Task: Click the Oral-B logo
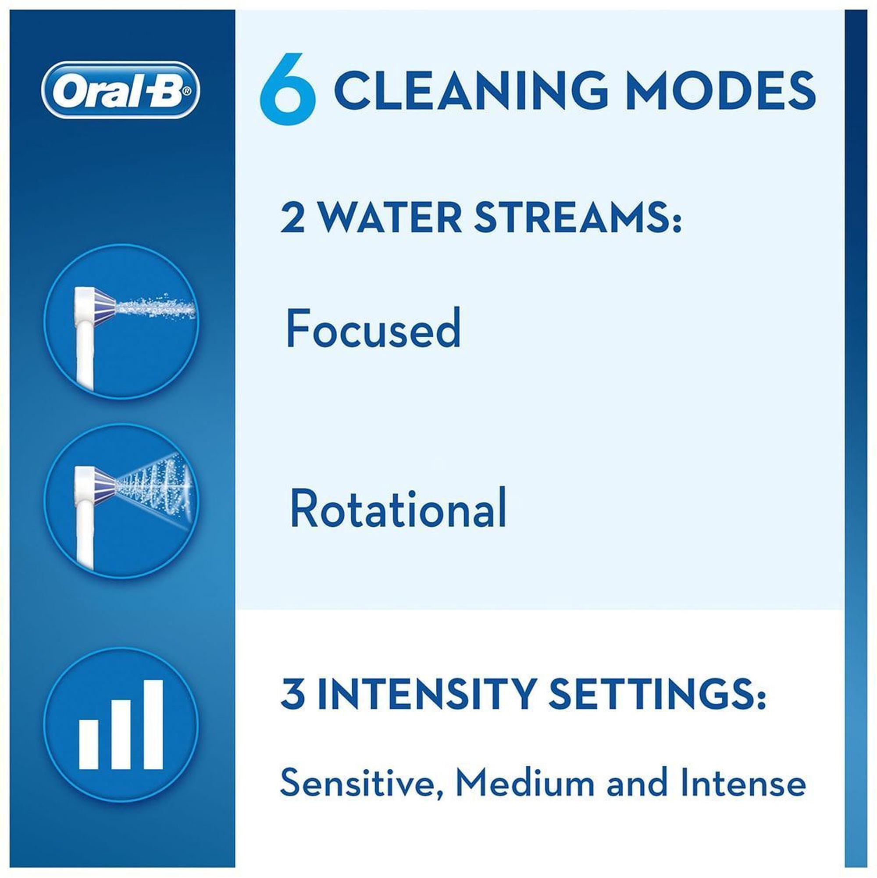point(121,90)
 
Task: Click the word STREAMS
point(578,218)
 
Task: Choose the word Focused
point(374,328)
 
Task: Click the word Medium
point(525,782)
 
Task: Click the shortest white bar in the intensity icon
point(89,744)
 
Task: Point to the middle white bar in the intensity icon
point(121,734)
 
